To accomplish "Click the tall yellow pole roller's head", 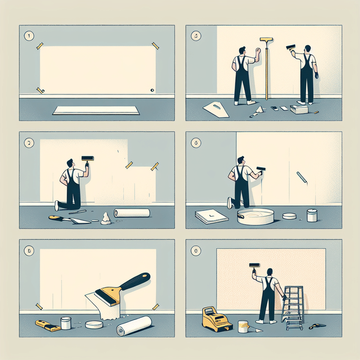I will [265, 40].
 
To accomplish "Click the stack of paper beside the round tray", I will [211, 216].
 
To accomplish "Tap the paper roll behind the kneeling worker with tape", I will [132, 213].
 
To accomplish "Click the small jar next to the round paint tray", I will [312, 215].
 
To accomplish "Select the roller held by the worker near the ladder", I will [254, 264].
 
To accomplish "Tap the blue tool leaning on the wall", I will [302, 178].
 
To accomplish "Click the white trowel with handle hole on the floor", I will [216, 109].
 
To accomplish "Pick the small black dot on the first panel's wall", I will [152, 90].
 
